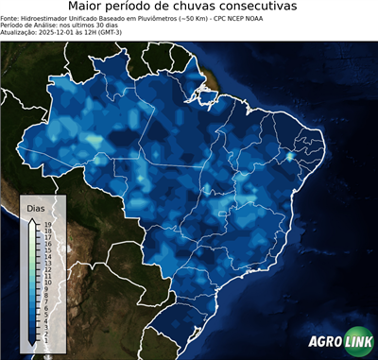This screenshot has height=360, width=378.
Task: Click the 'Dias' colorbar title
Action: (35, 207)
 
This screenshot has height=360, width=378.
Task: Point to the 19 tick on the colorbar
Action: (46, 225)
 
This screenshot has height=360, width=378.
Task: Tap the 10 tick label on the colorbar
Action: (46, 280)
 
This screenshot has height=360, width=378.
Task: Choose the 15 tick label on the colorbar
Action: (46, 249)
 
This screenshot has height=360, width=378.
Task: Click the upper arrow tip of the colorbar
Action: (31, 219)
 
